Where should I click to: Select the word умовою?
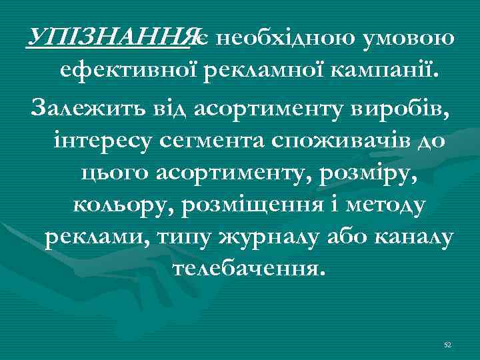pyautogui.click(x=409, y=38)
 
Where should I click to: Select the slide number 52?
pyautogui.click(x=447, y=345)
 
